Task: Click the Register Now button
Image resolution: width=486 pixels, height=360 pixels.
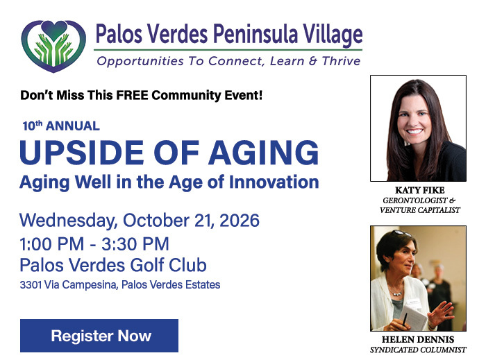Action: [99, 336]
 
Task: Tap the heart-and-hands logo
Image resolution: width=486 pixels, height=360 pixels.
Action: [53, 46]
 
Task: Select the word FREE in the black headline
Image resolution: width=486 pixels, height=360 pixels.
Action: [132, 95]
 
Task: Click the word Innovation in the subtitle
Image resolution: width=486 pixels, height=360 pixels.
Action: [274, 182]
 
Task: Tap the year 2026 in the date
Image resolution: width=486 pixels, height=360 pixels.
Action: [240, 221]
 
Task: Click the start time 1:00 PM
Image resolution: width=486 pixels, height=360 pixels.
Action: [52, 244]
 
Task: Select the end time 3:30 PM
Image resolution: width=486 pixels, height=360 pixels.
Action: [135, 244]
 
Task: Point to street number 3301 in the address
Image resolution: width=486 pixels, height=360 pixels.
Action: [31, 285]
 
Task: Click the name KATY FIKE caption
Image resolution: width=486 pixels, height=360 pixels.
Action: [419, 190]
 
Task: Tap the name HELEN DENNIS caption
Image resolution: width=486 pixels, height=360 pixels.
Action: [418, 340]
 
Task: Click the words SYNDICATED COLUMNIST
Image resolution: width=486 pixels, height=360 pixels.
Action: [418, 350]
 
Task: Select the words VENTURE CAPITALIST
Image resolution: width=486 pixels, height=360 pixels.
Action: [419, 210]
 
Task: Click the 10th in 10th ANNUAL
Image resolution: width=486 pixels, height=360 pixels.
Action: [32, 126]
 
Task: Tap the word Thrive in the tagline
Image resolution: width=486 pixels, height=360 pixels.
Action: [341, 61]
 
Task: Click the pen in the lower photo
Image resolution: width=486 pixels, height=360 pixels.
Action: [404, 319]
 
